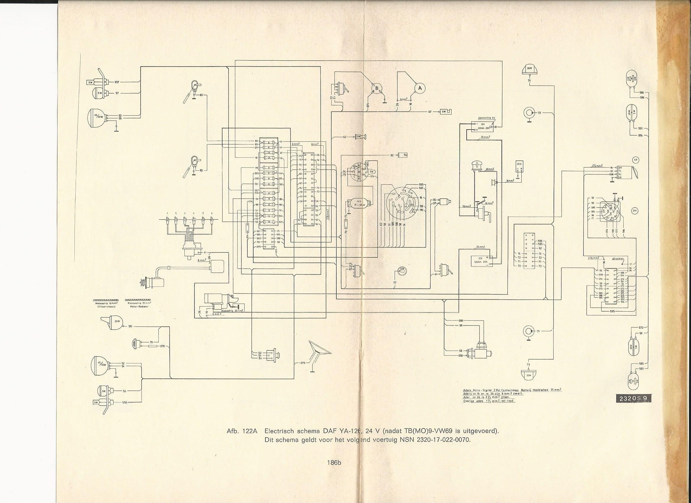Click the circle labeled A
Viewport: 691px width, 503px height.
pyautogui.click(x=421, y=88)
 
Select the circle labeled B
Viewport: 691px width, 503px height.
pyautogui.click(x=377, y=88)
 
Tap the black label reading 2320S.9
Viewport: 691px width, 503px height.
pyautogui.click(x=636, y=398)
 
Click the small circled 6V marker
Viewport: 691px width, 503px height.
pyautogui.click(x=635, y=159)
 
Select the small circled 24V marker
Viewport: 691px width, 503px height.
pyautogui.click(x=635, y=210)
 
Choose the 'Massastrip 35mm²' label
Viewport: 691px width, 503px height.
pyautogui.click(x=232, y=310)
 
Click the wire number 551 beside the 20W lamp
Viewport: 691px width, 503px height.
pyautogui.click(x=130, y=326)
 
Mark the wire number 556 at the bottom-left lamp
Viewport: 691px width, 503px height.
pyautogui.click(x=125, y=402)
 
